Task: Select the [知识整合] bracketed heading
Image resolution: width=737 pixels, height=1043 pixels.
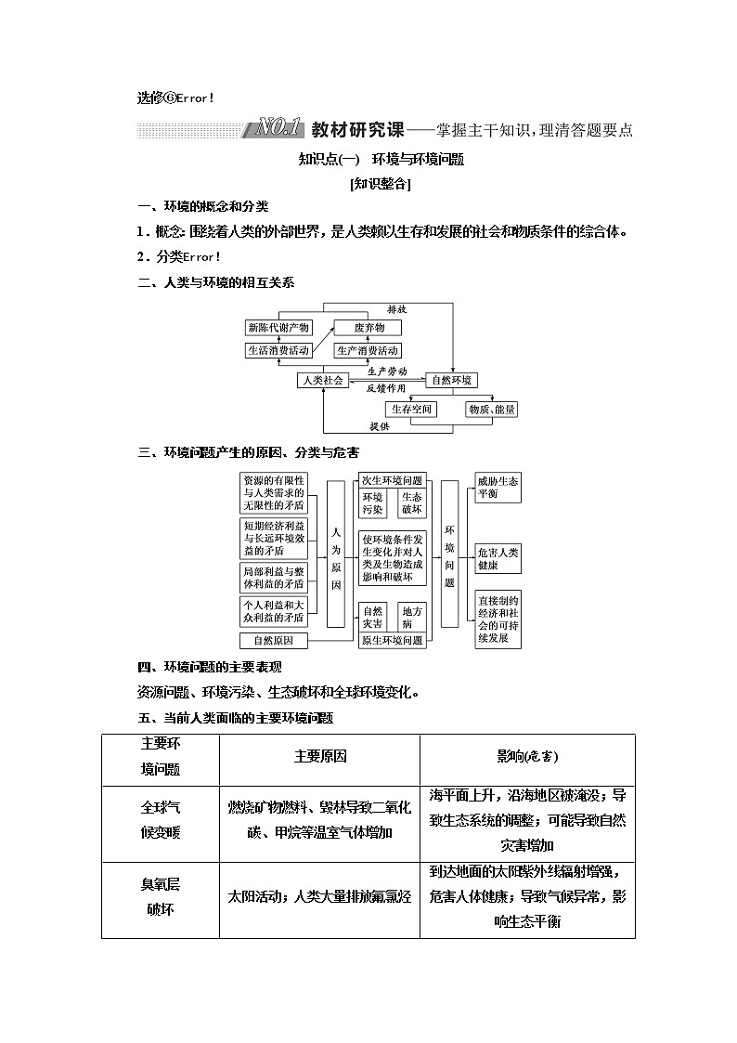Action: [381, 184]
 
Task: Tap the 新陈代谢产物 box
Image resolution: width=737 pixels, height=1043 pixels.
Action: [278, 328]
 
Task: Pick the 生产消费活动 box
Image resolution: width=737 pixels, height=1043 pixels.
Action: [368, 351]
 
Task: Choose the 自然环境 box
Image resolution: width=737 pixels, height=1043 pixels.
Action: [451, 380]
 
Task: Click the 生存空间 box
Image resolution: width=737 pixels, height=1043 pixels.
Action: [411, 409]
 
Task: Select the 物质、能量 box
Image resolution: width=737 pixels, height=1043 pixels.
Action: [492, 409]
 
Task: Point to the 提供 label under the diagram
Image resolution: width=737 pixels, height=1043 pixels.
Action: [379, 426]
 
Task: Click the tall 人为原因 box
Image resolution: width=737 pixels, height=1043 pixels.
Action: [336, 554]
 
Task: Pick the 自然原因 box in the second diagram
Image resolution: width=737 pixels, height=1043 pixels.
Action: [274, 641]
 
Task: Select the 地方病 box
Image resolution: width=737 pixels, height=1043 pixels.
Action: [412, 618]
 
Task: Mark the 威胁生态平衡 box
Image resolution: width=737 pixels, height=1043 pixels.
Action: [498, 487]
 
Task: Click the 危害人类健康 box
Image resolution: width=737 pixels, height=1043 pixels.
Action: [498, 557]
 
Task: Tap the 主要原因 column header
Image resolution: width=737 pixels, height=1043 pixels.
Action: [319, 758]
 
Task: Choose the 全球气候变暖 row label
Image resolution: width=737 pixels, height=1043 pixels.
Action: [161, 819]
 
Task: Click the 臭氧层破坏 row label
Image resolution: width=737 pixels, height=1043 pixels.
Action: [161, 897]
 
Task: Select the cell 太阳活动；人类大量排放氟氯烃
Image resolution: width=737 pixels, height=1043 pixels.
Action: [319, 897]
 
